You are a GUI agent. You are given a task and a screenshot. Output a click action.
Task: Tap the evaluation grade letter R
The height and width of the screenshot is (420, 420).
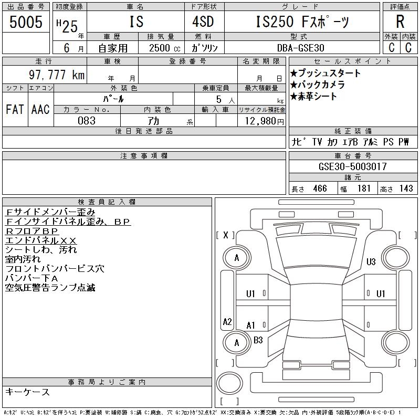(400, 22)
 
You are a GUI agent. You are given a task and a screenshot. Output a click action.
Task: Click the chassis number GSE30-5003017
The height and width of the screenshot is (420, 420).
(353, 167)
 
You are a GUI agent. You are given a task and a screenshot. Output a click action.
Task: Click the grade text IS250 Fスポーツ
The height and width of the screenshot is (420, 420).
(302, 22)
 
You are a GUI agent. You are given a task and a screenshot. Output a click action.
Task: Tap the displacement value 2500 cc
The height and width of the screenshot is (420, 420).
(160, 48)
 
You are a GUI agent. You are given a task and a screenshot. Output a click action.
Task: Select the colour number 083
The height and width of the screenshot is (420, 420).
(87, 121)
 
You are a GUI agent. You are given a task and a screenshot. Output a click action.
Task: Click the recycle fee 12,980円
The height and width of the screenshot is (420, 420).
(261, 121)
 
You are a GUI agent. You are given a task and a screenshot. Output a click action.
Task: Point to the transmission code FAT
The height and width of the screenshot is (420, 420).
(15, 110)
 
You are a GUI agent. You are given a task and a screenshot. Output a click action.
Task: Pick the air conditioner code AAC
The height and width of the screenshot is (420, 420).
(40, 110)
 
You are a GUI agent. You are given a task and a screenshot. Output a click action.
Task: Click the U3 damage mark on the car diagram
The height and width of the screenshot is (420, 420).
(371, 261)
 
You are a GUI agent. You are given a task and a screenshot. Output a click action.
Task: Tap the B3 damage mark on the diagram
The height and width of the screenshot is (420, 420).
(258, 340)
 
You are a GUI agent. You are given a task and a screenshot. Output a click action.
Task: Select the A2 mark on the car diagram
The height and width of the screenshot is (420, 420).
(227, 322)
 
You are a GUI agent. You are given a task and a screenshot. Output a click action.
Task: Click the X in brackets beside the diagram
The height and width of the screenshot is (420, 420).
(226, 235)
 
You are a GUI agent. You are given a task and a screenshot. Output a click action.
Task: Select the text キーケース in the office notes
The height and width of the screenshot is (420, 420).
(27, 392)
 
